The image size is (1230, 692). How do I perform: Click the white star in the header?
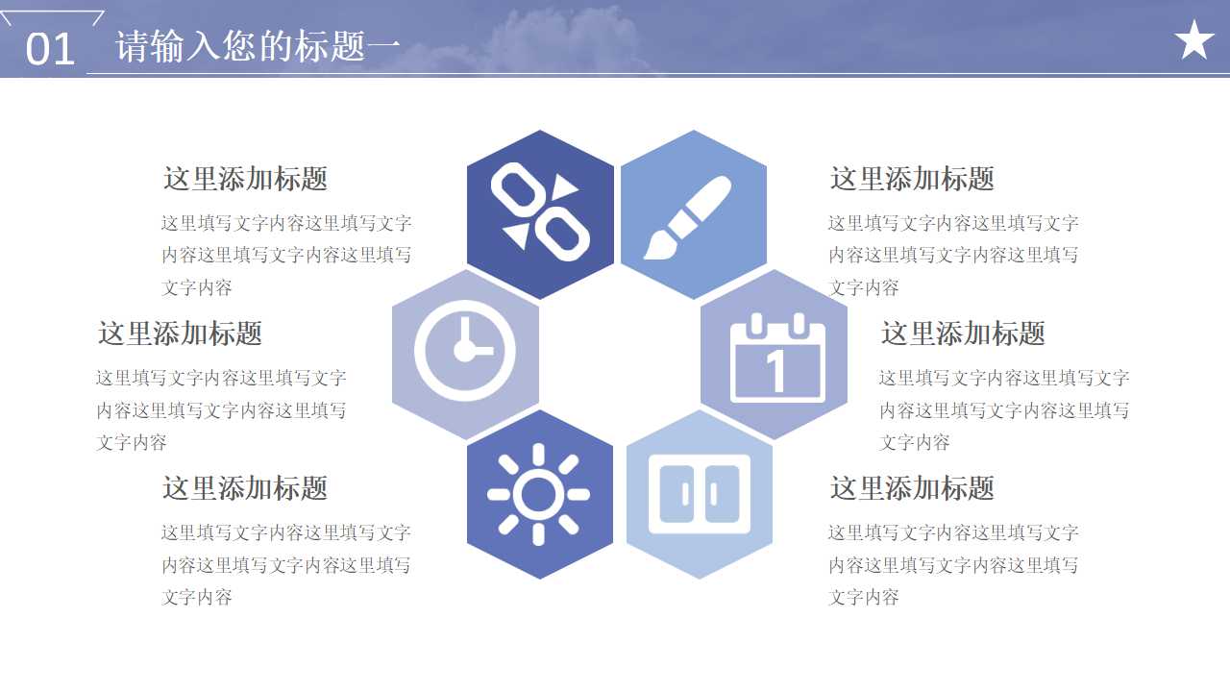coord(1194,40)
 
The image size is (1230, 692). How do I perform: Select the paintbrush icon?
coord(687,217)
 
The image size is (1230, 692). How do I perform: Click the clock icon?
coord(465,351)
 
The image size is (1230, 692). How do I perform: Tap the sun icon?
coord(538,494)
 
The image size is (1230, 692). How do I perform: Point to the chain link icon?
coord(540,212)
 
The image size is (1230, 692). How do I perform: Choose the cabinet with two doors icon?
coord(699,494)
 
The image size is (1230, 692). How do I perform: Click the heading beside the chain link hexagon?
coord(245,179)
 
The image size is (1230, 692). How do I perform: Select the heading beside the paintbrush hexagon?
coord(912,179)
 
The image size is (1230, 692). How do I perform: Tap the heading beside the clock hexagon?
coord(180,334)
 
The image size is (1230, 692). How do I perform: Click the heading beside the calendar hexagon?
coord(963,334)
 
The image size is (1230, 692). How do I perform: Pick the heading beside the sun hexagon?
coord(245,488)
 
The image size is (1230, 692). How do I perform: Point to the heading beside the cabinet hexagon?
coord(912,488)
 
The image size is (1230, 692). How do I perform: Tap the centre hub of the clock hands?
coord(463,351)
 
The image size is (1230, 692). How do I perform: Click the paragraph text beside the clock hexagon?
coord(221,410)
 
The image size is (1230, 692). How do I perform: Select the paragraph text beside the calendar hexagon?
coord(1004,410)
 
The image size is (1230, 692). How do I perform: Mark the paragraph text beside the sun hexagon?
coord(286,565)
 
